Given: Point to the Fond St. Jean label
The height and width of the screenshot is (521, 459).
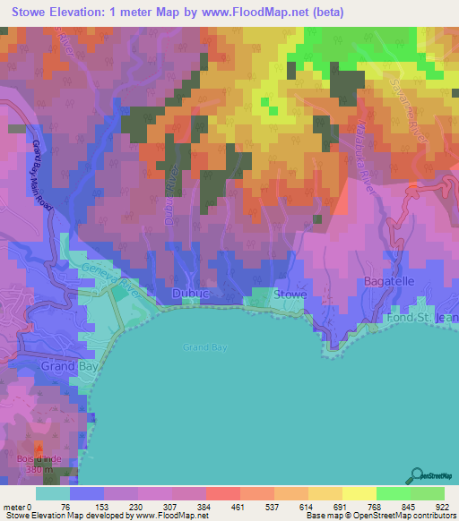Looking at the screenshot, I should [x=422, y=319].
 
